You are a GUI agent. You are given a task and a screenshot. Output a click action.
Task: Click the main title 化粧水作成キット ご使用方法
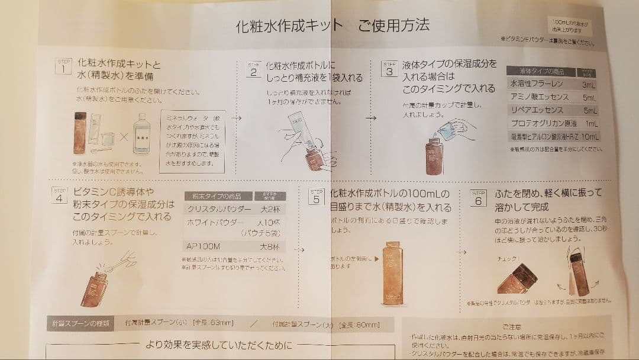tap(333, 25)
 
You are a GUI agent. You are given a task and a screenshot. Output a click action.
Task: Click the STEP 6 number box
tap(478, 197)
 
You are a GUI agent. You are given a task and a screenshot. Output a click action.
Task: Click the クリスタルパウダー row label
tap(215, 209)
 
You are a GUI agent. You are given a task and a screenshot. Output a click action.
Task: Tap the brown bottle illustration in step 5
tap(392, 273)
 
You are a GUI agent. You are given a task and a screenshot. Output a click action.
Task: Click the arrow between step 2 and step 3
tap(371, 118)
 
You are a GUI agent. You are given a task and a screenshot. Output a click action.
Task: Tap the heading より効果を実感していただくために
tap(218, 345)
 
